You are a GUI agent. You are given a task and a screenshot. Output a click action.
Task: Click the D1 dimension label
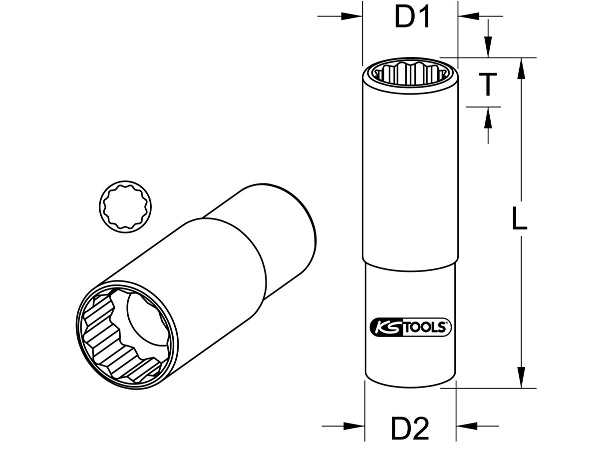[x=412, y=18]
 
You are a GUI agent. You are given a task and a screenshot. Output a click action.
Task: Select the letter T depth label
[x=487, y=84]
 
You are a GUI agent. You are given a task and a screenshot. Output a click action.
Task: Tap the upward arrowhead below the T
[x=488, y=115]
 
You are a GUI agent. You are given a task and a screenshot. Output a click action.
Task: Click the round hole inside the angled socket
[x=145, y=320]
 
